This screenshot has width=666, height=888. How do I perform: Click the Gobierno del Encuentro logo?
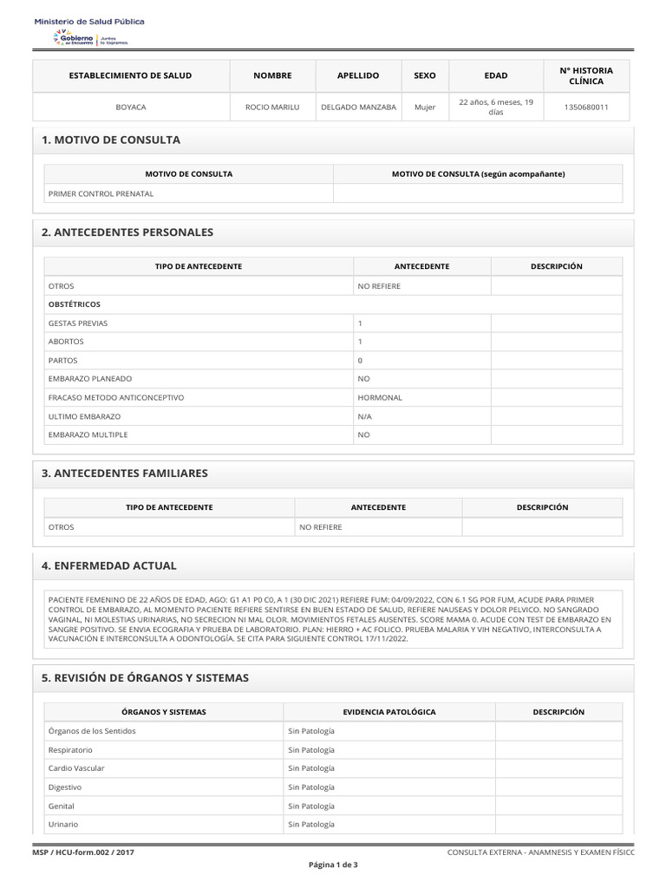(x=90, y=38)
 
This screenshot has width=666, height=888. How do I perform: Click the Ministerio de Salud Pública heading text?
(x=89, y=21)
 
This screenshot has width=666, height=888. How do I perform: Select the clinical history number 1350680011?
(x=586, y=108)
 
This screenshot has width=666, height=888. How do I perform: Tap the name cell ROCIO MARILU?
(x=272, y=108)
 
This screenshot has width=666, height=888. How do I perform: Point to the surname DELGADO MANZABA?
(x=358, y=108)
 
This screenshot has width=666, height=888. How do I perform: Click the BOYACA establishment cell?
(x=131, y=108)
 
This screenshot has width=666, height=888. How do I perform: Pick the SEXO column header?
(x=425, y=76)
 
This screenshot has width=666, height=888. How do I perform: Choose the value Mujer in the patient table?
(x=425, y=108)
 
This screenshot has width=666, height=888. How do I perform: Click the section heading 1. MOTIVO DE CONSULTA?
(x=111, y=140)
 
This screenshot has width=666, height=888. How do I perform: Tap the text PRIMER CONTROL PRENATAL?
(x=101, y=193)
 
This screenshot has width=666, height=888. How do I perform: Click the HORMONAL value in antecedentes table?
(x=380, y=397)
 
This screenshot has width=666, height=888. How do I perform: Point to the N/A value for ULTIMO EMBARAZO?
(x=365, y=416)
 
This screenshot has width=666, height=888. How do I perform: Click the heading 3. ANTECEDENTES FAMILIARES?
(x=125, y=473)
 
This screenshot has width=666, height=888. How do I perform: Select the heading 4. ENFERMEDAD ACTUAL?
(x=109, y=565)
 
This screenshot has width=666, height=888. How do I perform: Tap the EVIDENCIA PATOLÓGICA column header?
(x=389, y=712)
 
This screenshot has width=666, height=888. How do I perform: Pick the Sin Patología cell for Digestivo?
(x=311, y=787)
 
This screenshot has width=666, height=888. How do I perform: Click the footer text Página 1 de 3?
(x=333, y=865)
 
